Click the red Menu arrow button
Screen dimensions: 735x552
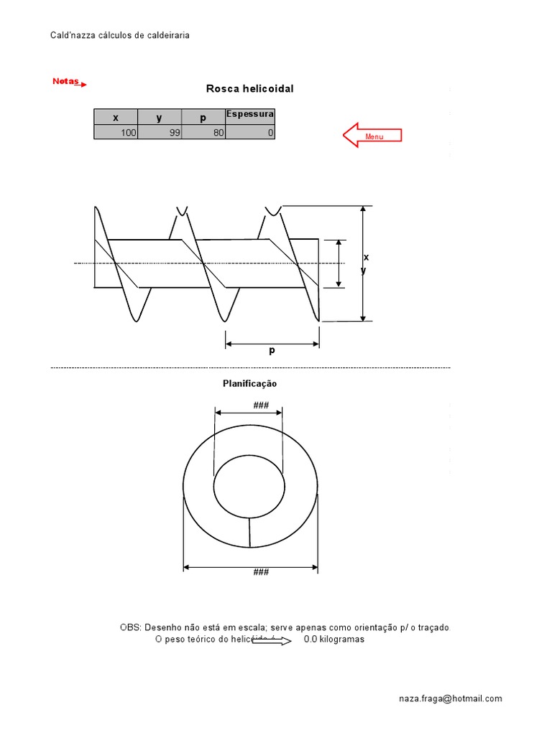pos(372,135)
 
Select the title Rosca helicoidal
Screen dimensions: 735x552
pos(249,89)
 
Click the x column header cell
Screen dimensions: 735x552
pos(116,117)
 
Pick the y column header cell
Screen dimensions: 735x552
pos(160,117)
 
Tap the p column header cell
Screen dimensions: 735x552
pos(203,117)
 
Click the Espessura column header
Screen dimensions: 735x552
pos(249,114)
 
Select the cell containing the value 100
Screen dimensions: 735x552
pos(116,133)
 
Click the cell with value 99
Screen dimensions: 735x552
pos(160,133)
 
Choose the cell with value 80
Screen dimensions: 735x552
pos(203,133)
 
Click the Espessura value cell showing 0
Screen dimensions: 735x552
pos(249,133)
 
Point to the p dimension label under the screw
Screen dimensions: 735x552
pos(272,352)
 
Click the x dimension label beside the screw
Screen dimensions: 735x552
pos(366,257)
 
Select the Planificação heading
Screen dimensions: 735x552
pos(249,384)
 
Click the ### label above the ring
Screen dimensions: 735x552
pos(261,406)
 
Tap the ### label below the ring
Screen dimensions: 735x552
pos(261,572)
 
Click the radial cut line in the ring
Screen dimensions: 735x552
pos(249,532)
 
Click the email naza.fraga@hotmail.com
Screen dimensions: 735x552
pos(451,698)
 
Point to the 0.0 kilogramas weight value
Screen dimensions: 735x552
pos(333,640)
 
